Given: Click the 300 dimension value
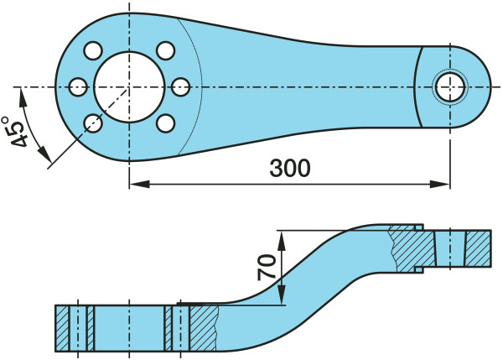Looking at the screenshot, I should pyautogui.click(x=290, y=168).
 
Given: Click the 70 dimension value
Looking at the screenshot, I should pyautogui.click(x=267, y=268).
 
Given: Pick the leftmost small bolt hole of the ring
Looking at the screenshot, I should pyautogui.click(x=78, y=86).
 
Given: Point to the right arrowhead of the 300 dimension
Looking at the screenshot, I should pyautogui.click(x=443, y=182).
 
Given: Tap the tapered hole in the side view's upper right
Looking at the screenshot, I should pyautogui.click(x=449, y=248).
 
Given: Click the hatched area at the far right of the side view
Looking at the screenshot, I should pyautogui.click(x=479, y=248).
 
